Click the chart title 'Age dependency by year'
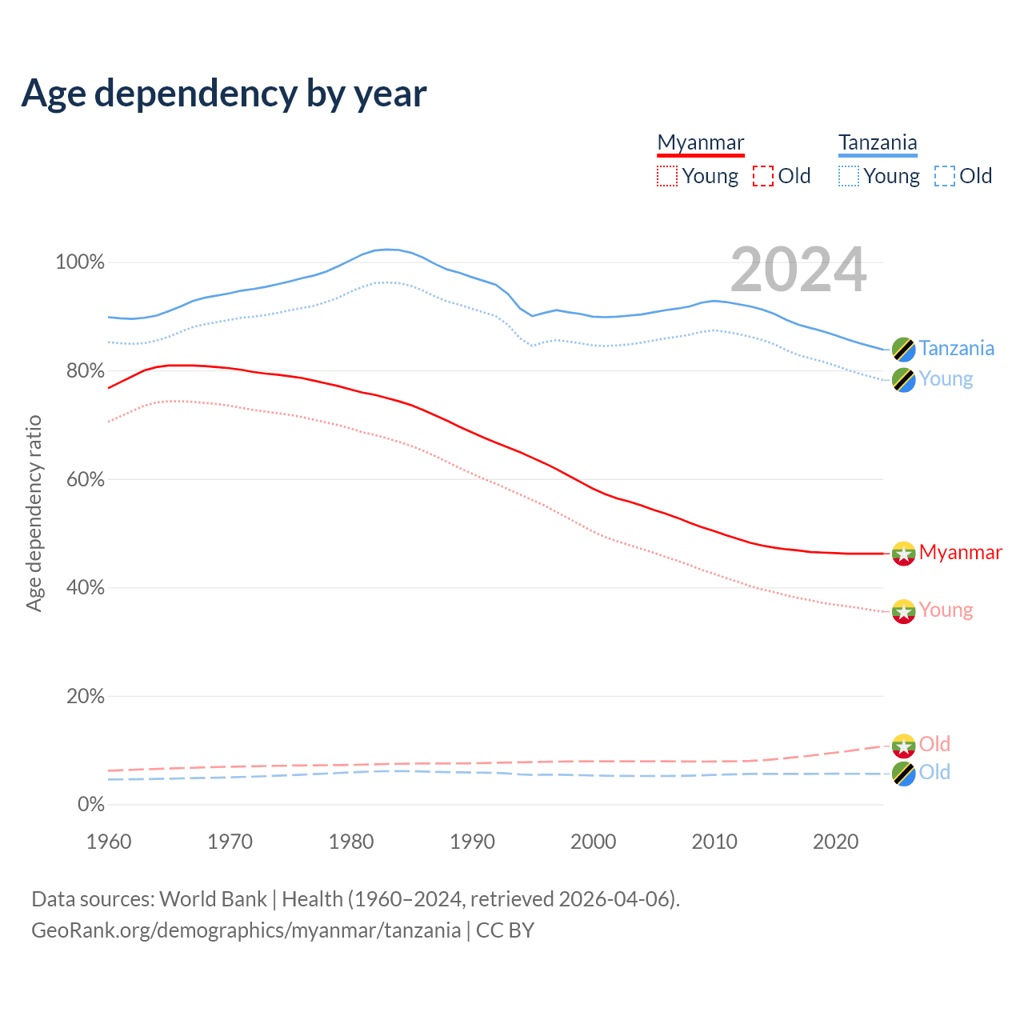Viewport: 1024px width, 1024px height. coord(224,94)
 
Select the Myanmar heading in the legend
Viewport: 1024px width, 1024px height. coord(701,143)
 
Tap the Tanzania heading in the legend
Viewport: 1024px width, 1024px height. coord(878,143)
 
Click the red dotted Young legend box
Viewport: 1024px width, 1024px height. coord(666,176)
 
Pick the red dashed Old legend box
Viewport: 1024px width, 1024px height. coord(763,176)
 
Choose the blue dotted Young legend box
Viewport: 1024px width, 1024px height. coord(849,176)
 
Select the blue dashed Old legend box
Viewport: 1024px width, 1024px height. coord(945,176)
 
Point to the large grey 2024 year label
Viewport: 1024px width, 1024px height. coord(798,270)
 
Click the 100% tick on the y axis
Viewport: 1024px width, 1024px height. coord(80,262)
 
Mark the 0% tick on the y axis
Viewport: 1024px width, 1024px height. coord(91,804)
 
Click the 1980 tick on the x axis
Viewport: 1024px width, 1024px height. coord(351,842)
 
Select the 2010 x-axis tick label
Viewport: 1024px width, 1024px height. coord(714,842)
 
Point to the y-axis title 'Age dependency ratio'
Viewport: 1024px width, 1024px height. coord(34,513)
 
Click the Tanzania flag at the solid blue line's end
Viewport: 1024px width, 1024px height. coord(903,350)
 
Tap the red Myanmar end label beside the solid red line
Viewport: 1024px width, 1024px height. coord(960,553)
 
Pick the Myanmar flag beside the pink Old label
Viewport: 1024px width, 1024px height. coord(903,746)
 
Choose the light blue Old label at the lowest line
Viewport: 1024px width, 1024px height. coord(934,773)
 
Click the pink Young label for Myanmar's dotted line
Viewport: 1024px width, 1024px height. coord(946,610)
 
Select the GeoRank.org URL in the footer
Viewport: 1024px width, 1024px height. coord(246,930)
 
